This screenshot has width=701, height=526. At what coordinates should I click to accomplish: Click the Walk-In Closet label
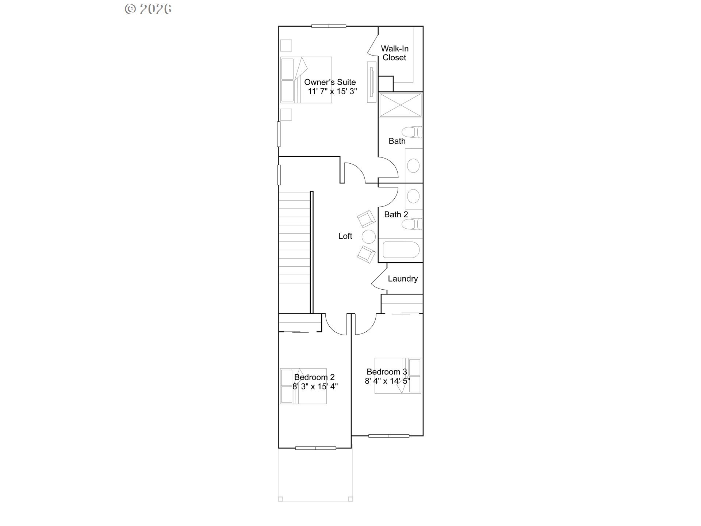pyautogui.click(x=394, y=53)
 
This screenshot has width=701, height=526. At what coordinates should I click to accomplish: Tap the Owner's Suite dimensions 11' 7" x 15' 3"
pyautogui.click(x=332, y=91)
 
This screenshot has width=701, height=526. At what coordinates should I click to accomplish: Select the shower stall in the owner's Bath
pyautogui.click(x=401, y=105)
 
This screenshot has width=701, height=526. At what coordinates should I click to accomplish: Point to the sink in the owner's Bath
pyautogui.click(x=413, y=165)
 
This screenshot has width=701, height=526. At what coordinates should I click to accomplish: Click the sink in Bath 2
pyautogui.click(x=413, y=196)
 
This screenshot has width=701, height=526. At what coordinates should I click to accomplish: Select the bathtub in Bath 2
pyautogui.click(x=401, y=250)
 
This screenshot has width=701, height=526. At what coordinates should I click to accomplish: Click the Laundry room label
pyautogui.click(x=403, y=279)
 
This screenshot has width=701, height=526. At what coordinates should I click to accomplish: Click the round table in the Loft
pyautogui.click(x=369, y=237)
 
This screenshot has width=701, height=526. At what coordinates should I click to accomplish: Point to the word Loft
pyautogui.click(x=345, y=236)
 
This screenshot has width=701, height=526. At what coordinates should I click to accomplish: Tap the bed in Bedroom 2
pyautogui.click(x=303, y=386)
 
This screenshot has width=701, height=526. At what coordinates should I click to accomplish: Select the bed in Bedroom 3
pyautogui.click(x=398, y=376)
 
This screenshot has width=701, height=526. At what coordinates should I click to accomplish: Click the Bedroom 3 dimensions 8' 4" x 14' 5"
pyautogui.click(x=387, y=381)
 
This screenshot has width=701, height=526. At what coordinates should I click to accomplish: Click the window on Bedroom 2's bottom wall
pyautogui.click(x=315, y=448)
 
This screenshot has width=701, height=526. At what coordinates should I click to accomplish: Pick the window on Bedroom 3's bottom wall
pyautogui.click(x=388, y=436)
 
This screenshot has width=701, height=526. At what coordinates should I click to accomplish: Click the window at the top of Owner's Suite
pyautogui.click(x=329, y=26)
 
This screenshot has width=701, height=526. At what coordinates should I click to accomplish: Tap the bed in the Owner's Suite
pyautogui.click(x=306, y=80)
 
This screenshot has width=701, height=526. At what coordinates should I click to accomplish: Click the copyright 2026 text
pyautogui.click(x=148, y=9)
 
